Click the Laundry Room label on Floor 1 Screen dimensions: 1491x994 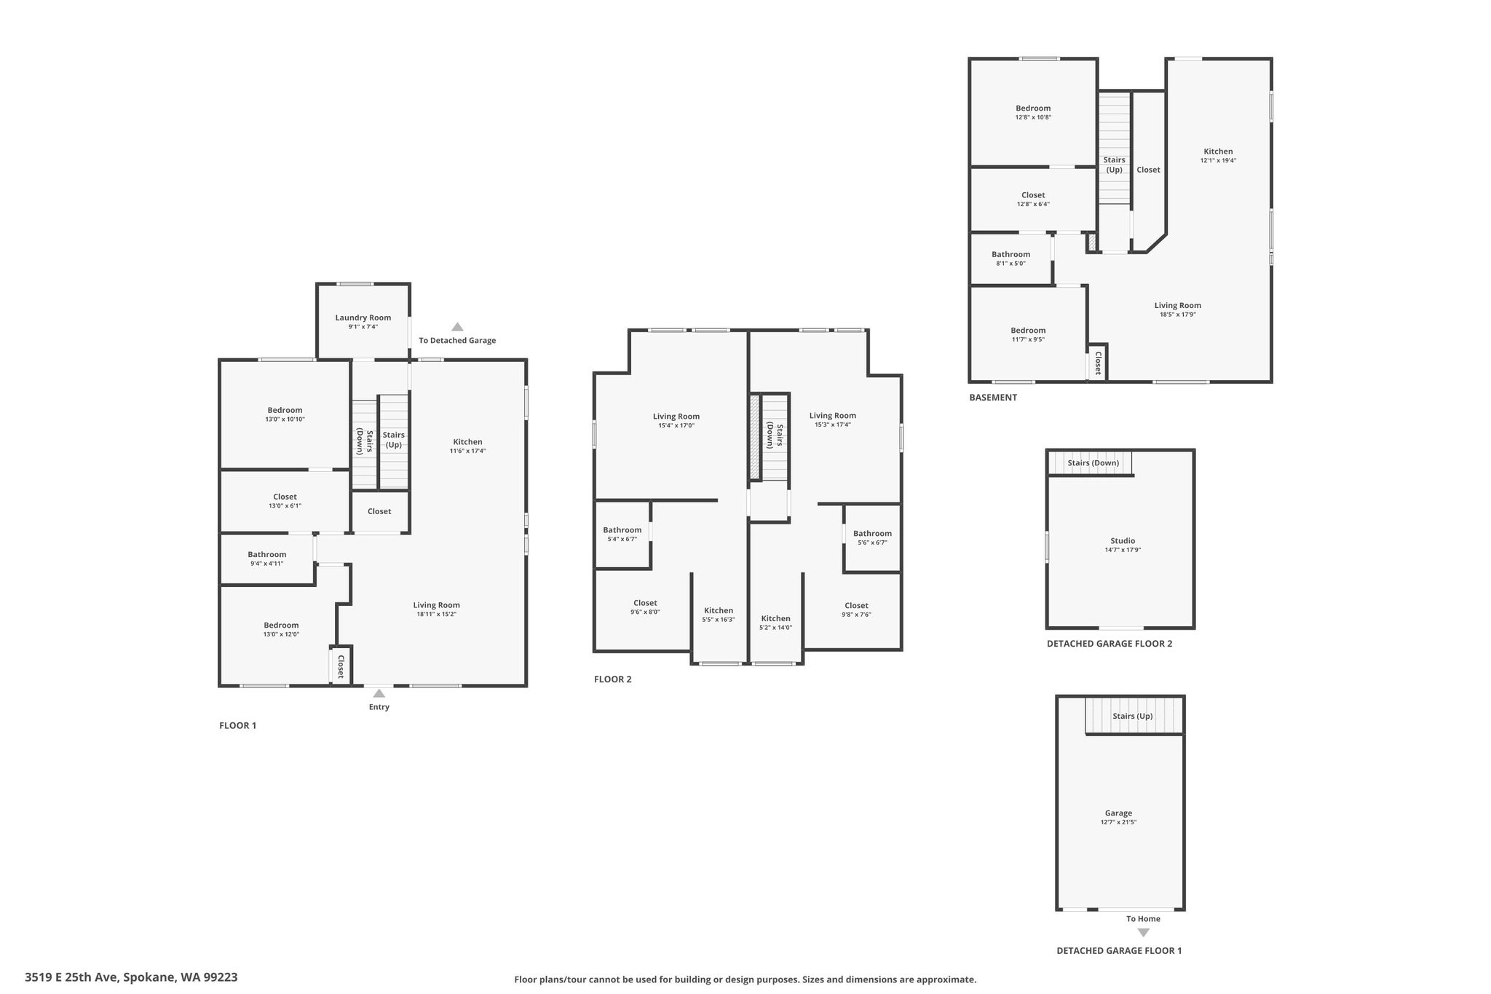pyautogui.click(x=363, y=317)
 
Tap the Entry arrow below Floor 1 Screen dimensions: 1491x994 pyautogui.click(x=379, y=693)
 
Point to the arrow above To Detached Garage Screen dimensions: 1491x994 pyautogui.click(x=457, y=327)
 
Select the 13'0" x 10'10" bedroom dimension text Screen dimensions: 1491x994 pyautogui.click(x=285, y=419)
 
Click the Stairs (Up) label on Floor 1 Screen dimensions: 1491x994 pyautogui.click(x=394, y=440)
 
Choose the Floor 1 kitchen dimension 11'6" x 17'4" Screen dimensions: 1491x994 pyautogui.click(x=467, y=451)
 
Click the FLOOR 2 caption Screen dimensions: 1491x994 pyautogui.click(x=613, y=679)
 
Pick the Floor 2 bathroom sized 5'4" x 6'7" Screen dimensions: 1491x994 pyautogui.click(x=622, y=534)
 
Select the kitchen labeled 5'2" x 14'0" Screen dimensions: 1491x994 pyautogui.click(x=775, y=623)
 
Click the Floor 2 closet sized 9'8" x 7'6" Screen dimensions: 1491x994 pyautogui.click(x=856, y=610)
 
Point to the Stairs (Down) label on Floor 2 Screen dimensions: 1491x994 pyautogui.click(x=775, y=435)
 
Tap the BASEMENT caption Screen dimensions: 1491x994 pyautogui.click(x=993, y=398)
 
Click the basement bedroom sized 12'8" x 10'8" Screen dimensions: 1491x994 pyautogui.click(x=1033, y=112)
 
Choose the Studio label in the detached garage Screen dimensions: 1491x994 pyautogui.click(x=1123, y=541)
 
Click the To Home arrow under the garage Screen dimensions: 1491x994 pyautogui.click(x=1143, y=933)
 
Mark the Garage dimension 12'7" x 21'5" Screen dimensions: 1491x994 pyautogui.click(x=1118, y=822)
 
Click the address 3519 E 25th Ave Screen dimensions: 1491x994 pyautogui.click(x=72, y=977)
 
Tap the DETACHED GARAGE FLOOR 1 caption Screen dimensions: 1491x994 pyautogui.click(x=1119, y=950)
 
